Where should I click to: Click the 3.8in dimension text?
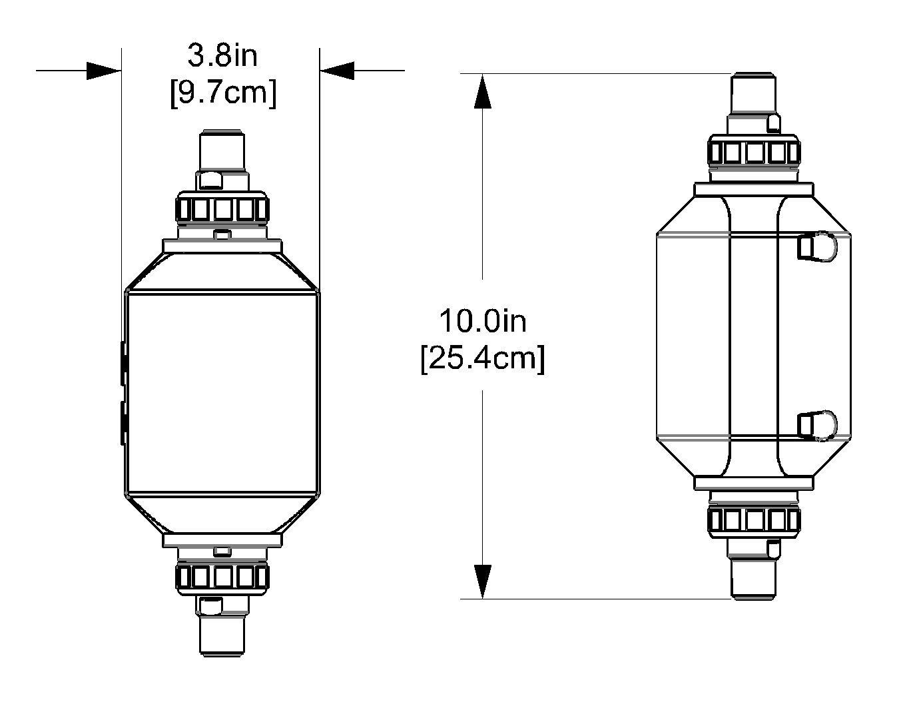pyautogui.click(x=222, y=56)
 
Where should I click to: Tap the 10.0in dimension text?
pyautogui.click(x=482, y=321)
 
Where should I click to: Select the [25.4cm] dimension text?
pyautogui.click(x=482, y=359)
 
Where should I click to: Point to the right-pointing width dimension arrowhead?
pyautogui.click(x=104, y=70)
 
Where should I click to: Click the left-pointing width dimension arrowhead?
pyautogui.click(x=337, y=70)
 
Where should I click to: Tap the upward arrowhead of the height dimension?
pyautogui.click(x=482, y=91)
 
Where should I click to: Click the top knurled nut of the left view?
pyautogui.click(x=222, y=210)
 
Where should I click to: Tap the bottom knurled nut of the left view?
pyautogui.click(x=222, y=577)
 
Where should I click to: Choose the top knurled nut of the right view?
pyautogui.click(x=754, y=153)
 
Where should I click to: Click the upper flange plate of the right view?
pyautogui.click(x=754, y=190)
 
